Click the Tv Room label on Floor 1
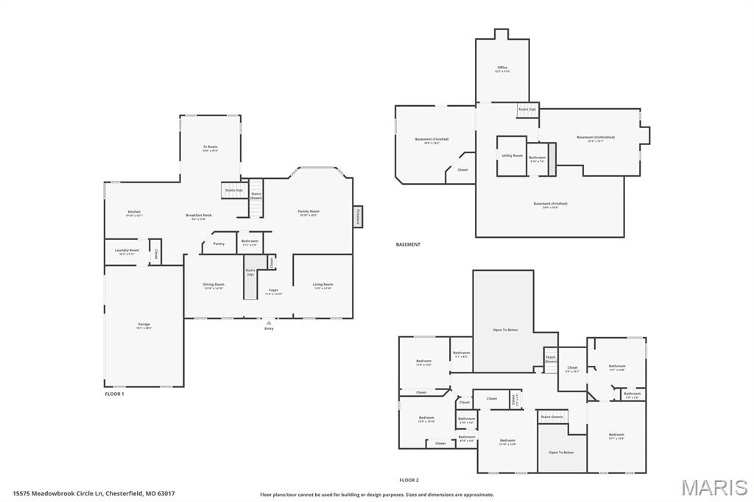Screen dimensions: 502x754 tap(211, 147)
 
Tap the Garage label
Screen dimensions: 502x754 tap(144, 325)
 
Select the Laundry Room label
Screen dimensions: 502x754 tap(127, 250)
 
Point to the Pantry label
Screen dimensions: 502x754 tap(219, 244)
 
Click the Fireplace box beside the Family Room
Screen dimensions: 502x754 tap(358, 216)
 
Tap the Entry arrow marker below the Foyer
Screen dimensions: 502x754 tap(269, 322)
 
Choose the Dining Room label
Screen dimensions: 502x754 tap(214, 285)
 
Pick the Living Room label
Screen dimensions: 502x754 tap(323, 285)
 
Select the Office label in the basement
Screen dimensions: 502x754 tap(502, 68)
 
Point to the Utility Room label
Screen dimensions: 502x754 tap(512, 155)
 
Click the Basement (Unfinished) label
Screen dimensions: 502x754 tap(595, 138)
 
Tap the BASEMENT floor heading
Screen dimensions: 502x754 tap(408, 244)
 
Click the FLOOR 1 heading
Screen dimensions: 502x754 tap(114, 394)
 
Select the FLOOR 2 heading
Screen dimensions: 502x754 tap(409, 480)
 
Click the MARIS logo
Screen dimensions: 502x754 tap(714, 487)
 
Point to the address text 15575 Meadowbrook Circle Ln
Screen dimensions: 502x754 tap(94, 493)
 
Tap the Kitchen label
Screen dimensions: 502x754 tap(133, 212)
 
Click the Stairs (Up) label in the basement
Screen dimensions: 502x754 tap(527, 109)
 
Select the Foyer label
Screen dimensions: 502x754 tap(273, 290)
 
